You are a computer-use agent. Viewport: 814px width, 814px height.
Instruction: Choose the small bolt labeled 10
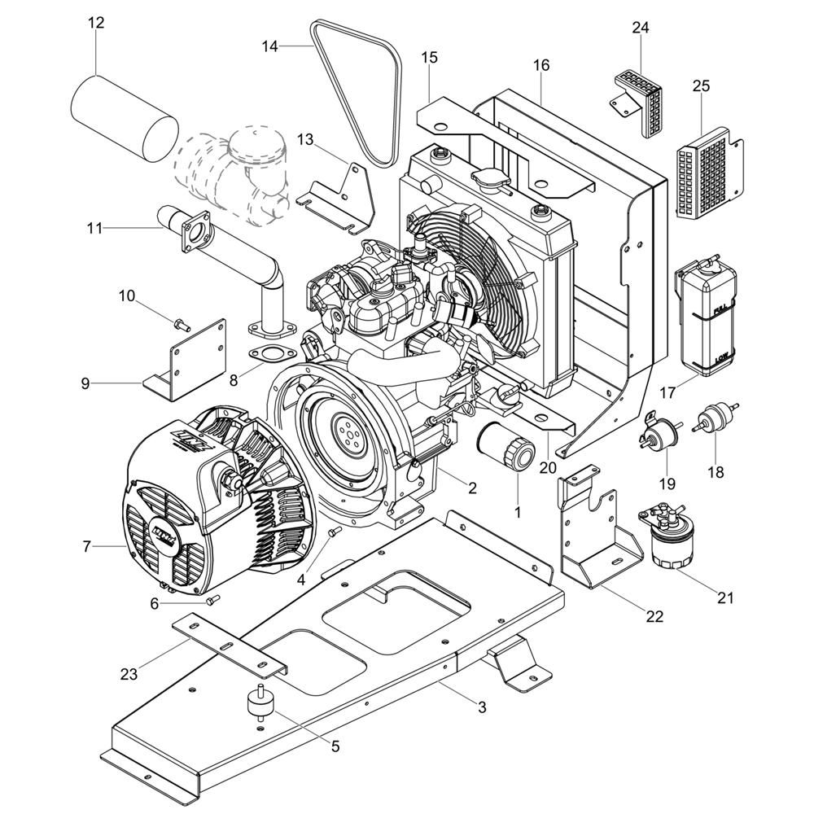click(x=180, y=323)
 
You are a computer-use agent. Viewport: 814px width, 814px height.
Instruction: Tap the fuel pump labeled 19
click(x=661, y=430)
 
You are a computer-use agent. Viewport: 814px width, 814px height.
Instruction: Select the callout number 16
click(x=541, y=65)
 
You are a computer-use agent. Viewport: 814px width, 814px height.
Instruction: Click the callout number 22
click(x=654, y=617)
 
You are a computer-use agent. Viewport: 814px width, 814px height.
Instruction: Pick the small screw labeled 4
click(x=331, y=533)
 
